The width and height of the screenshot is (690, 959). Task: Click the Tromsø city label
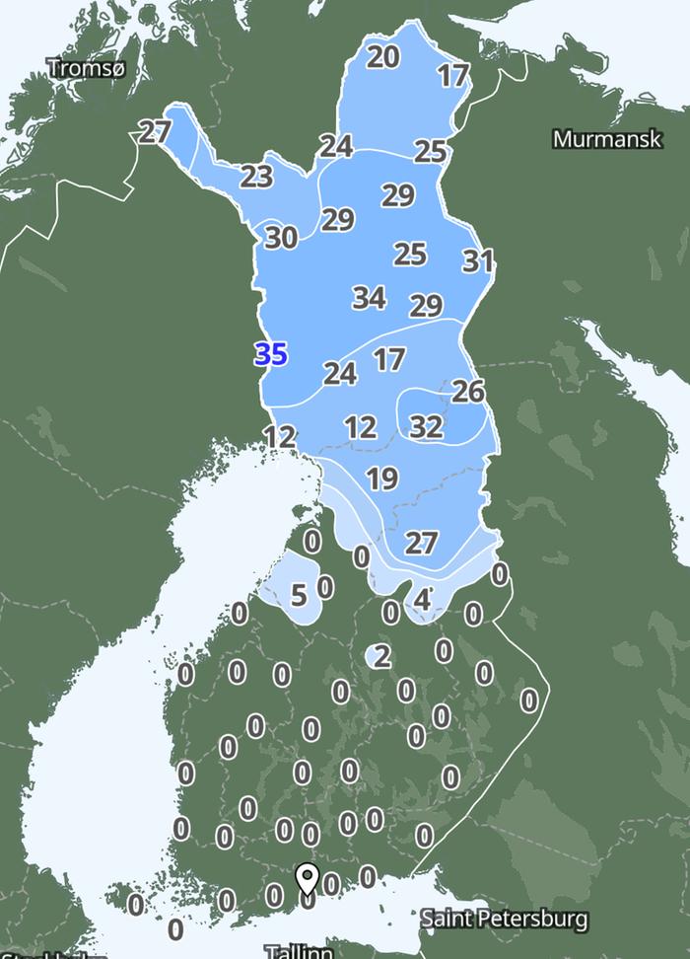pyautogui.click(x=88, y=68)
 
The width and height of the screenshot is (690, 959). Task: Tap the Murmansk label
pyautogui.click(x=606, y=138)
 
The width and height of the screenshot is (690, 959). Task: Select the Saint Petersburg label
pyautogui.click(x=504, y=920)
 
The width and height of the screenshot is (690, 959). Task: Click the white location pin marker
pyautogui.click(x=308, y=876)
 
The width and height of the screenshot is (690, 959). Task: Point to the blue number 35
pyautogui.click(x=271, y=354)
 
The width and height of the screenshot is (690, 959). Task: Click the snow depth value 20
pyautogui.click(x=383, y=57)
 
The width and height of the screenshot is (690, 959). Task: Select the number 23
pyautogui.click(x=256, y=177)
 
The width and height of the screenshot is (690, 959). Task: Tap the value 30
pyautogui.click(x=281, y=238)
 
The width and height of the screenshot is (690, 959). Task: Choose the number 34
pyautogui.click(x=369, y=297)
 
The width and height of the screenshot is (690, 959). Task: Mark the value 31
pyautogui.click(x=478, y=261)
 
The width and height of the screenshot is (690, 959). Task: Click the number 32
pyautogui.click(x=426, y=427)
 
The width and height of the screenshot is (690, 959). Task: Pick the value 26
pyautogui.click(x=468, y=392)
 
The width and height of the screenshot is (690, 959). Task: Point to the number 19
pyautogui.click(x=381, y=479)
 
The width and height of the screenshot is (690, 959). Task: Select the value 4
pyautogui.click(x=422, y=600)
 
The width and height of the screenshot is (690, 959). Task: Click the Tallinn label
pyautogui.click(x=299, y=951)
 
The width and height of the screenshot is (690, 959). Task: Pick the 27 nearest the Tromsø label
pyautogui.click(x=154, y=132)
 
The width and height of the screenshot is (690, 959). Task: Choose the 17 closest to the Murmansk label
pyautogui.click(x=453, y=75)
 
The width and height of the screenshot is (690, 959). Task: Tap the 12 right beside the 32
pyautogui.click(x=361, y=427)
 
